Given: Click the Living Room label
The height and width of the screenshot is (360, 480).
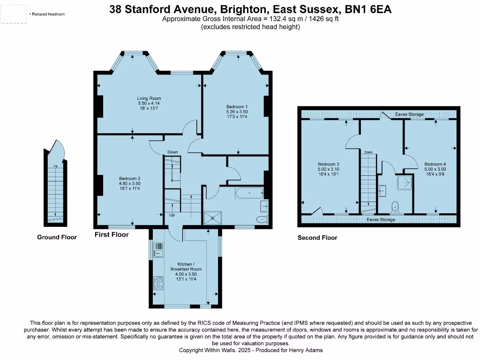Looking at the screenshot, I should point(149,98).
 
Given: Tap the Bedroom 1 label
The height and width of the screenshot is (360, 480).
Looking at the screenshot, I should point(237,107).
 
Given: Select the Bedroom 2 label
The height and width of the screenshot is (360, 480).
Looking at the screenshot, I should point(130,178).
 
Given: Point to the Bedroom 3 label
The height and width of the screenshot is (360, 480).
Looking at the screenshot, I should point(328,164).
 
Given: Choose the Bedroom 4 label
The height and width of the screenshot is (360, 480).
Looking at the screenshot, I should point(435,164).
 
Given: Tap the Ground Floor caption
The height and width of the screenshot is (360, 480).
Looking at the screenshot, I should point(57,237).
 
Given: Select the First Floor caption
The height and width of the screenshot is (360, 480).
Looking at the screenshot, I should point(112,234).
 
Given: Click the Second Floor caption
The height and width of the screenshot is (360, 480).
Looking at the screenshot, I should point(317,238).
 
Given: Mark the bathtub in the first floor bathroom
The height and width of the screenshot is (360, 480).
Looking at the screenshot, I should point(249,193).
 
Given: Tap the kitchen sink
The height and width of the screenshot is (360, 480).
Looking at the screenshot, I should point(158,250).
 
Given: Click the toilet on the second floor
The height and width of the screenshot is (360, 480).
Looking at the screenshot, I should point(394,206).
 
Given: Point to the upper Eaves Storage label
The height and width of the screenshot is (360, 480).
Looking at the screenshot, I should point(409,114).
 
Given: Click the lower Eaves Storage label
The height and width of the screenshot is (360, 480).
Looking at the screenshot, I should point(381,219).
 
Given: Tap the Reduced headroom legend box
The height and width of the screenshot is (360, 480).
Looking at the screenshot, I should point(14,14).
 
